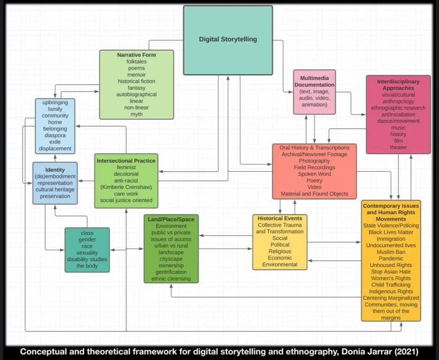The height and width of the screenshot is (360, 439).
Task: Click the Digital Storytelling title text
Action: point(228,39)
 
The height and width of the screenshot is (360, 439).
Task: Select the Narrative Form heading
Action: point(136,55)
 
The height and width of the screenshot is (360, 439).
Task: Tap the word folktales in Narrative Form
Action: point(136,61)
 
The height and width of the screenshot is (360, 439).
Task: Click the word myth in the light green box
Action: point(136,114)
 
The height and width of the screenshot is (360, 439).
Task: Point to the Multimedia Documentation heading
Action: point(314,81)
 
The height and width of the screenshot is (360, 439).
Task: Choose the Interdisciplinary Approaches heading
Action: point(398,85)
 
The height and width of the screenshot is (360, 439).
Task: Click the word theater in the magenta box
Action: point(398,148)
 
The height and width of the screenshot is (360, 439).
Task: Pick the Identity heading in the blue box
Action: point(55,170)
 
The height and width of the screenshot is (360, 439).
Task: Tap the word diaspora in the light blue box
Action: point(55,135)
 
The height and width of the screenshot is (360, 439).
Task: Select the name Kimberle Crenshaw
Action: point(126,187)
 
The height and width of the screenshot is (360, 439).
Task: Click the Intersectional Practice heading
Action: point(126,161)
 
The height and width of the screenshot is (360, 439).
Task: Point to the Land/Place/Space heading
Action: point(171,219)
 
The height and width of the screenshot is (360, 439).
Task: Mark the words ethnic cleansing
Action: point(171,279)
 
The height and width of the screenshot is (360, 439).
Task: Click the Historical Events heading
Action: point(280,218)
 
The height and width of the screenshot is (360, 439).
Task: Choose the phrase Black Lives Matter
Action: point(391,232)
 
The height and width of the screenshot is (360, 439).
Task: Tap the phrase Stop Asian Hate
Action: point(391,272)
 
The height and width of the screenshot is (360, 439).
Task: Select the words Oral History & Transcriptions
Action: point(314,148)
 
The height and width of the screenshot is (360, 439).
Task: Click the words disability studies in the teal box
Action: point(87,259)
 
